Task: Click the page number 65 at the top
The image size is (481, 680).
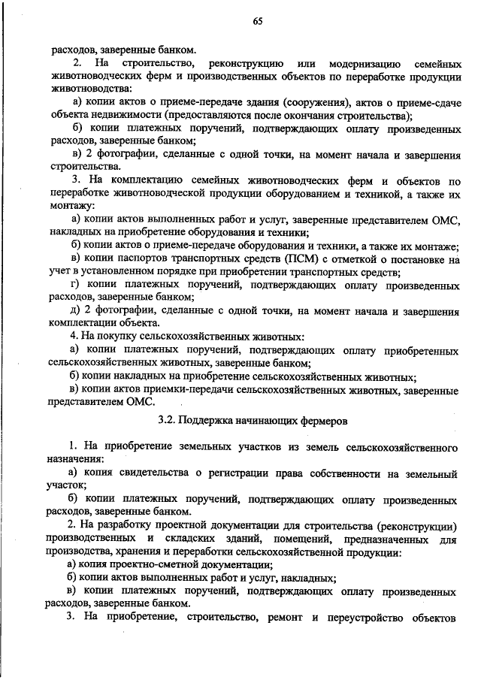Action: coord(257,20)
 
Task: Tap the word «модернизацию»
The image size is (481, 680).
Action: coord(360,61)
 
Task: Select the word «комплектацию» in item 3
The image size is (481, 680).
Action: coord(150,183)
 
